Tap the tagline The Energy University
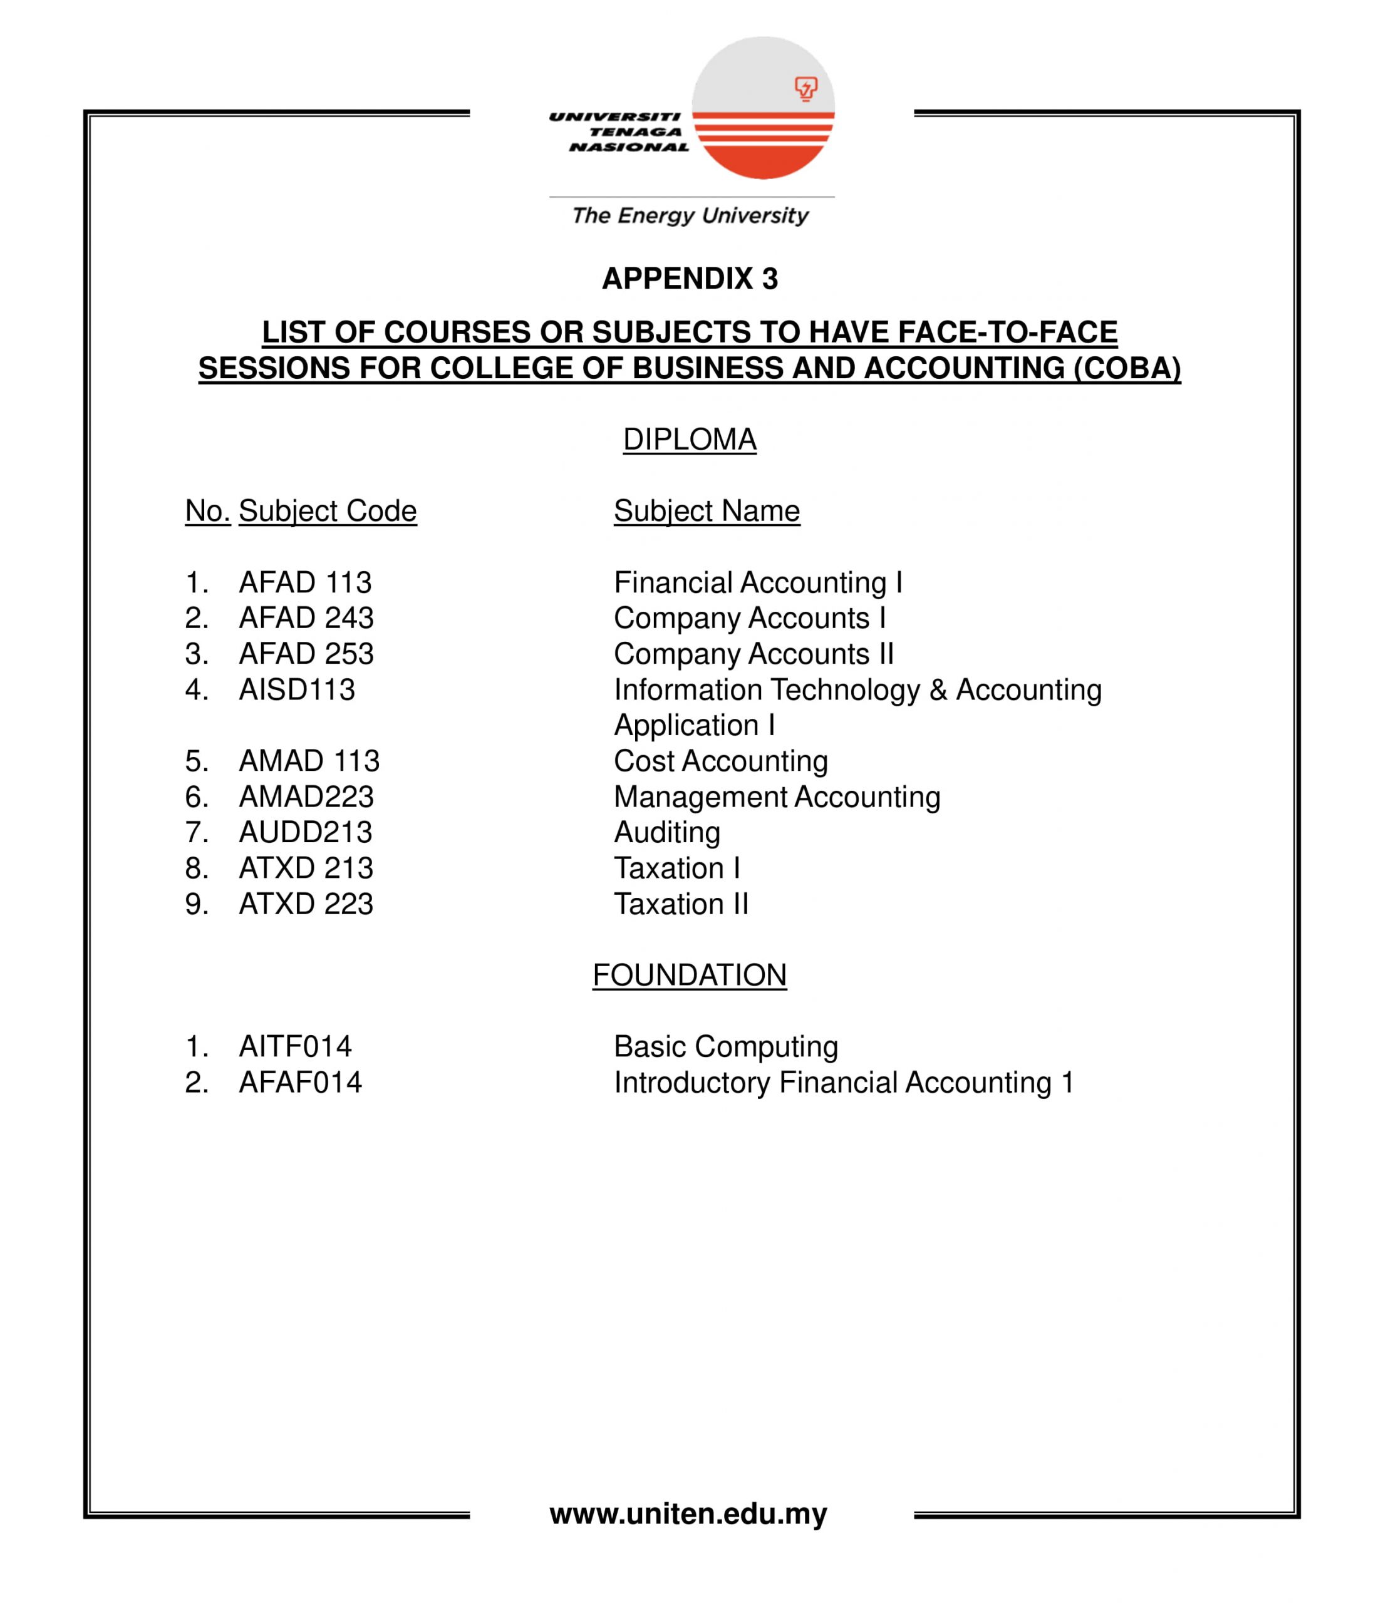[690, 215]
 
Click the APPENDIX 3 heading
[690, 278]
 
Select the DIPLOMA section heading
[690, 440]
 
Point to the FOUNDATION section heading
[690, 975]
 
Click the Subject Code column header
[327, 512]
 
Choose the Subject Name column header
[707, 512]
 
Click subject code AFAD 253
[306, 654]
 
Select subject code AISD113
[296, 690]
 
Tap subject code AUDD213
[306, 832]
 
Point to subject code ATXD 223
[306, 904]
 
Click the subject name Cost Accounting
[720, 761]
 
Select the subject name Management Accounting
[777, 797]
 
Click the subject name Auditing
[667, 832]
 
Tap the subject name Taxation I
[677, 868]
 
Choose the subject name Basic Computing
[726, 1047]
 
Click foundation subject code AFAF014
[300, 1083]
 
